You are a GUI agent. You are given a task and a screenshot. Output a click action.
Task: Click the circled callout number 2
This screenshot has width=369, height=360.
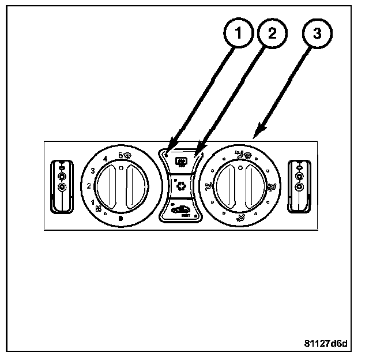pyautogui.click(x=271, y=33)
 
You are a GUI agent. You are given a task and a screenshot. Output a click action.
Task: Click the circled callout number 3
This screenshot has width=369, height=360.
pyautogui.click(x=316, y=33)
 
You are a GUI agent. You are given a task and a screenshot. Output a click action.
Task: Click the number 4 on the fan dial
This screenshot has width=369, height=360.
pyautogui.click(x=104, y=159)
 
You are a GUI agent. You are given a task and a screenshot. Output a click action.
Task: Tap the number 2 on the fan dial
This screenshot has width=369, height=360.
pyautogui.click(x=88, y=186)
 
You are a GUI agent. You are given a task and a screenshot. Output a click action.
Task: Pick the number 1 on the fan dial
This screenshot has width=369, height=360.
pyautogui.click(x=92, y=202)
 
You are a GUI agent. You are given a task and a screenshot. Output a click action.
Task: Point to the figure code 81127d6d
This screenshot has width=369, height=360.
pyautogui.click(x=326, y=345)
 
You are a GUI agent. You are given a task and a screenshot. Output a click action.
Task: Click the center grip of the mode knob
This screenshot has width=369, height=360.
pyautogui.click(x=239, y=186)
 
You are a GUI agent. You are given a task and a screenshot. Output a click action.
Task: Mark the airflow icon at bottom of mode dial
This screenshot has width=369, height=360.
pyautogui.click(x=239, y=217)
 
